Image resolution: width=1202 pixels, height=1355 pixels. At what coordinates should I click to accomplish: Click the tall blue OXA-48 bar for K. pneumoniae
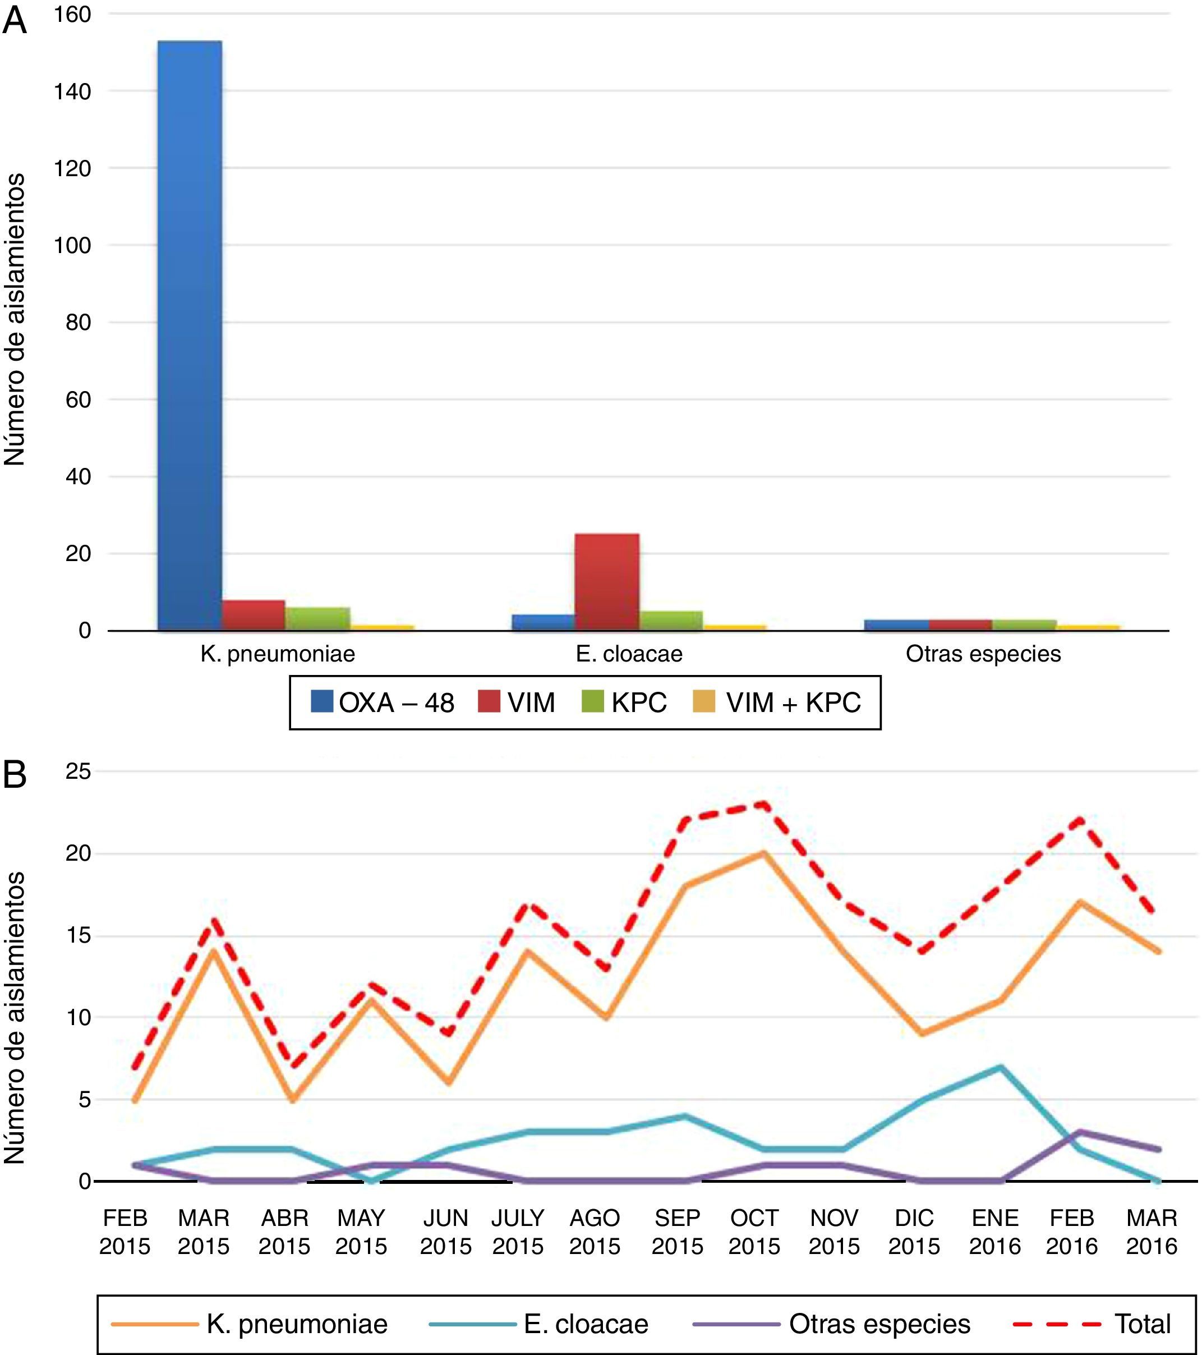[x=190, y=335]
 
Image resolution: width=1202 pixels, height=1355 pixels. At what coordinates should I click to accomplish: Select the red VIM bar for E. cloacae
[x=607, y=581]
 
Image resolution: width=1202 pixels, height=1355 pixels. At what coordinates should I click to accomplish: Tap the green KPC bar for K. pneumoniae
[x=317, y=618]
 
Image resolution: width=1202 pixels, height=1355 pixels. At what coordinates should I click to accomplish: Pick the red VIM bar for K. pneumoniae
[x=253, y=614]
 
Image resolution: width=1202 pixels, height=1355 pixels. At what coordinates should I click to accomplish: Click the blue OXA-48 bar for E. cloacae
[x=544, y=622]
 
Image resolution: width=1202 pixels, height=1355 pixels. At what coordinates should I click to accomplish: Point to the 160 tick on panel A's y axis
[x=73, y=15]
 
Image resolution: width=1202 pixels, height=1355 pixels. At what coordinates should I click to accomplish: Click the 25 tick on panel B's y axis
[x=77, y=771]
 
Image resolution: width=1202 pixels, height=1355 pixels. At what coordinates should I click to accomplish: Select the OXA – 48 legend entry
[x=383, y=702]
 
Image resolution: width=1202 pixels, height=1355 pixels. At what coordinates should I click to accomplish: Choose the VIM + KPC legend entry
[x=777, y=702]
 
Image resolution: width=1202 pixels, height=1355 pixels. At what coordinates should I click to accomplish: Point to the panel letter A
[x=15, y=21]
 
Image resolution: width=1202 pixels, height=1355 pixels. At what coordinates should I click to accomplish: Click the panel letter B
[x=15, y=774]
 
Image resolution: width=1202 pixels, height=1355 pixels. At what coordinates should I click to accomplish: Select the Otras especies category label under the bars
[x=983, y=654]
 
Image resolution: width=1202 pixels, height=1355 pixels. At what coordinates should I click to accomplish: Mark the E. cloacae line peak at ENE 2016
[x=1000, y=1067]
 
